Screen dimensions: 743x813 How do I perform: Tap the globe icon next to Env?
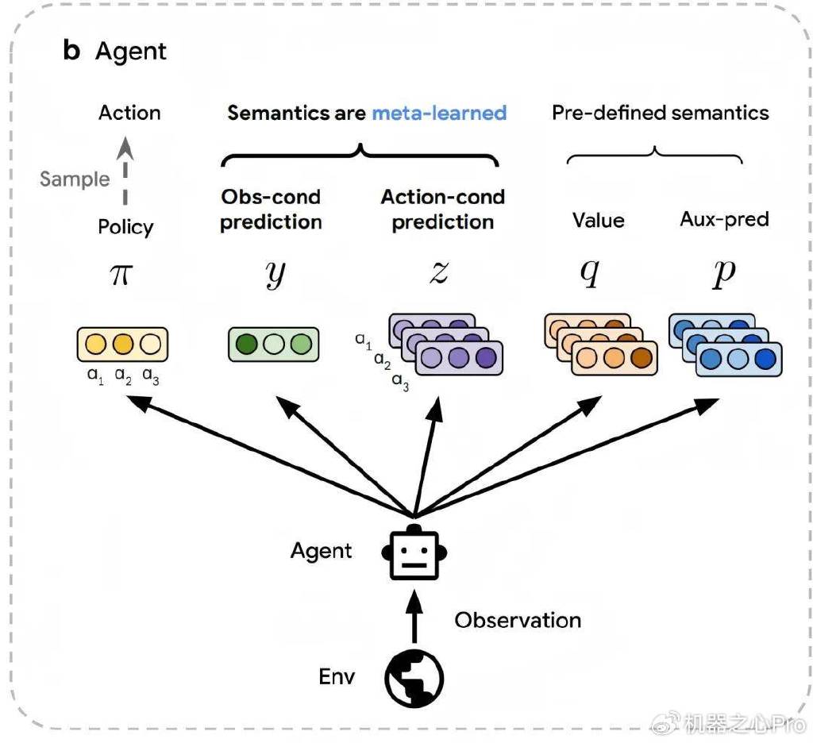(414, 679)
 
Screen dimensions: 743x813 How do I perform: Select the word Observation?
(518, 619)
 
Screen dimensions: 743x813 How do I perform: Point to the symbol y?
(274, 274)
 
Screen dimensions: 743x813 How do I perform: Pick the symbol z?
(438, 272)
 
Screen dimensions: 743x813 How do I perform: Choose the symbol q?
(588, 274)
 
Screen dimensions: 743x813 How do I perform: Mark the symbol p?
(724, 274)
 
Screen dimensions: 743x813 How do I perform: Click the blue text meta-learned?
(439, 113)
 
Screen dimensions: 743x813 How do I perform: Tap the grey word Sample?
(75, 179)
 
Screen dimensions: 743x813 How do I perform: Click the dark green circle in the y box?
(247, 345)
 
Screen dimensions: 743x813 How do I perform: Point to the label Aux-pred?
(724, 219)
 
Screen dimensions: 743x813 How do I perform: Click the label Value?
(598, 220)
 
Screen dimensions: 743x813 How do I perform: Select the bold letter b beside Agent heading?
(71, 51)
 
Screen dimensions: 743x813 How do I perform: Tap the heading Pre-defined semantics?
(660, 113)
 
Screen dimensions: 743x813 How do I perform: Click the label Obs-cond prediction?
(271, 210)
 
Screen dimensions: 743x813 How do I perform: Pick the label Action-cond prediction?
(442, 210)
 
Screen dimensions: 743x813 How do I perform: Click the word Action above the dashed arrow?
(129, 113)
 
